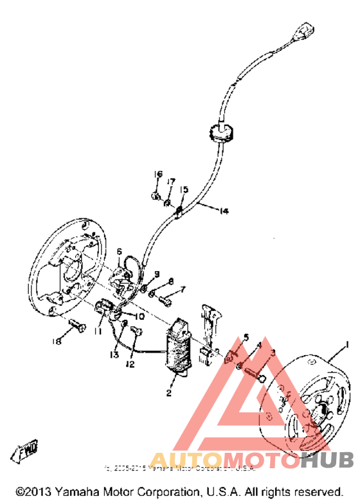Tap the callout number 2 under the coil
point(168,393)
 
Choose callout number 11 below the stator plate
point(98,331)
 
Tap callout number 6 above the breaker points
point(119,251)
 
